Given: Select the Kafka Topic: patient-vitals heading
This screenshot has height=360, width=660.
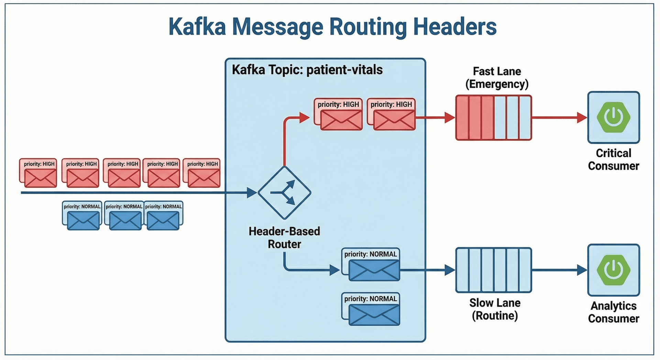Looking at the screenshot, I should (307, 70).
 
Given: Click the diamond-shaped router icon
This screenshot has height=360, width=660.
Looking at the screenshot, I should (284, 193).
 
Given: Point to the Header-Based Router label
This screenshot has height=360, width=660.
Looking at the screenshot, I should (284, 238).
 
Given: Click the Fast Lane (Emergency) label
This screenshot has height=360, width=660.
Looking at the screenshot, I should (497, 78).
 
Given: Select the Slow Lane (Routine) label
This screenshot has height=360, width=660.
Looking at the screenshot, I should (495, 309).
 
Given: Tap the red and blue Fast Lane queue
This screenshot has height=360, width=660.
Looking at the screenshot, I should (494, 118).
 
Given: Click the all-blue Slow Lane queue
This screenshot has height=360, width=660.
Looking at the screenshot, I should (494, 270).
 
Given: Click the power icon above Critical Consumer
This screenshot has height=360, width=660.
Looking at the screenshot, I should (614, 117).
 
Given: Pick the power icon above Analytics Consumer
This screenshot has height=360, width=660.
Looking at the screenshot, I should (614, 270).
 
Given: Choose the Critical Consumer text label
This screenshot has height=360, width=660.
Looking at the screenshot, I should (614, 160).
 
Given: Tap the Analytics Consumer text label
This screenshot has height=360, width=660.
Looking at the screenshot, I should (614, 312).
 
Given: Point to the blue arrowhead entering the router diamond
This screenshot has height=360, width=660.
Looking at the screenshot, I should (252, 193).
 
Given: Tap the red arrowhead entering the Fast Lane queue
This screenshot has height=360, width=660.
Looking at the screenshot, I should (450, 118).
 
